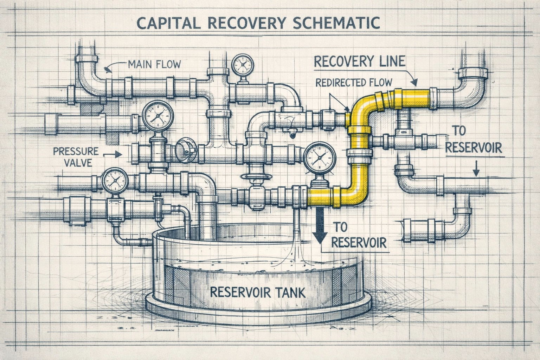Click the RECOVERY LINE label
click(359, 62)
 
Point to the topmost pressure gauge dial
click(242, 65)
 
